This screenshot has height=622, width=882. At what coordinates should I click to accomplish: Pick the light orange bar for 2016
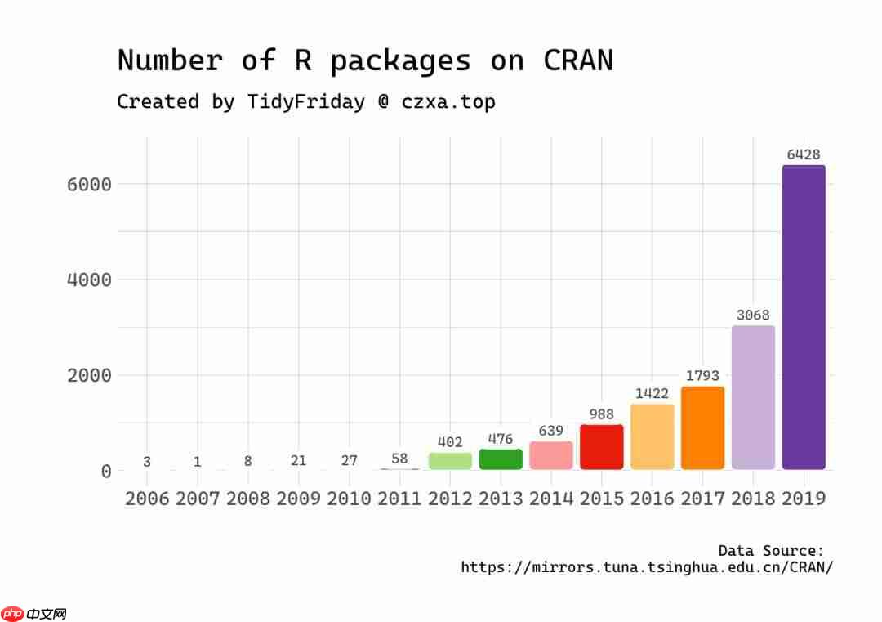coord(652,436)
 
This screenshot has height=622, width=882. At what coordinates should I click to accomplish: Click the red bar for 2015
coord(601,447)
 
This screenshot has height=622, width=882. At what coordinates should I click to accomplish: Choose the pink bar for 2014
coord(551,455)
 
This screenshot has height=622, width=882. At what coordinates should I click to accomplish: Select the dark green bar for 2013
coord(501,459)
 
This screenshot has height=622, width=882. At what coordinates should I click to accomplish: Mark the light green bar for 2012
coord(450,461)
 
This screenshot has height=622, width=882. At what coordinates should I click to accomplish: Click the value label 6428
coord(804,154)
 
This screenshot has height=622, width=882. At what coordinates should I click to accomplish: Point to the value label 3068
coord(753,315)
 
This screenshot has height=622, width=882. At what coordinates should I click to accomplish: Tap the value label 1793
coord(702,376)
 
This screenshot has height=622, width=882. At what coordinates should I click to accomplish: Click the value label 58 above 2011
coord(399,459)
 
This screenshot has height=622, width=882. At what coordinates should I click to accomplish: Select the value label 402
coord(450,442)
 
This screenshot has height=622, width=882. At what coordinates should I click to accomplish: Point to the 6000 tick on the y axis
coord(88,184)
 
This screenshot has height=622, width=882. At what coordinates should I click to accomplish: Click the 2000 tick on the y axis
coord(88,375)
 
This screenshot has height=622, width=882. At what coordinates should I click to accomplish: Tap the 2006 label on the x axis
coord(147,499)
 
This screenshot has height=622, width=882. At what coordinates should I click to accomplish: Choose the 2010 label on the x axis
coord(349,499)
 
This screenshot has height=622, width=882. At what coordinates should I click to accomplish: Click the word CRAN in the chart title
coord(577,61)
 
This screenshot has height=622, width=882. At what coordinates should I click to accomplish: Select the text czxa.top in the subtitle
coord(448,102)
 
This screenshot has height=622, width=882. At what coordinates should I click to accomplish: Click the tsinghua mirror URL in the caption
coord(647,567)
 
